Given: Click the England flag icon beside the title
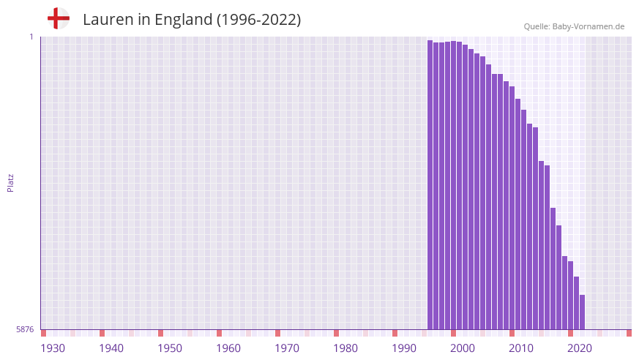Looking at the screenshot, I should click(59, 18).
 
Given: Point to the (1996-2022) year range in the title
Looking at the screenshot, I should click(258, 20).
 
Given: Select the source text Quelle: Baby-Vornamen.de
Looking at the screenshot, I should click(574, 26).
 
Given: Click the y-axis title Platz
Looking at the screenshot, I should click(10, 182).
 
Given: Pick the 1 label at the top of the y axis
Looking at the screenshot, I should click(31, 37).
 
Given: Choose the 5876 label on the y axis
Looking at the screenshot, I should click(25, 330).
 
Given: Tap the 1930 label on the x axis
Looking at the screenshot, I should click(53, 348).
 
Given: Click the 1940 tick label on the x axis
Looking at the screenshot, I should click(111, 348).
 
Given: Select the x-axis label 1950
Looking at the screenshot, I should click(170, 348).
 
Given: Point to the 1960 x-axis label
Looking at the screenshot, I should click(228, 348).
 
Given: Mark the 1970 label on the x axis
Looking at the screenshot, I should click(287, 348).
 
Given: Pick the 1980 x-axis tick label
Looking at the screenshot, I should click(345, 348).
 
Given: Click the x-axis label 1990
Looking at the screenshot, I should click(404, 348).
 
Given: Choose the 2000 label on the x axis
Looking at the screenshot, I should click(463, 348).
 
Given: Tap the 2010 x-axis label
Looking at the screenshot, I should click(521, 348).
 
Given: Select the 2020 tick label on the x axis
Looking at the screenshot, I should click(580, 348).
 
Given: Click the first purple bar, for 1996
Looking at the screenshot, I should click(430, 183).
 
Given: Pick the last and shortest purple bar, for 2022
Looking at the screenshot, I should click(582, 312).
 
